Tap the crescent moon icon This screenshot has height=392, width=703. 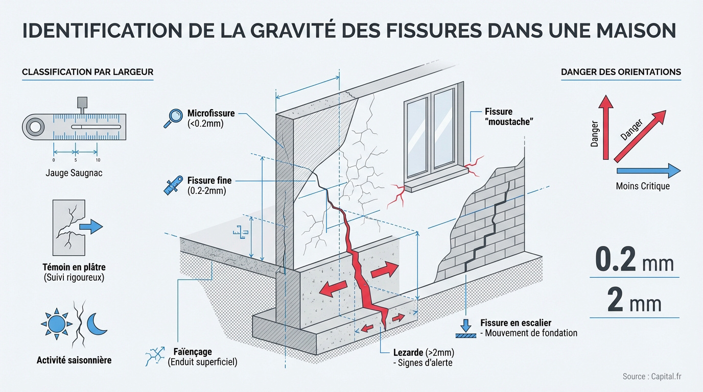click(96, 324)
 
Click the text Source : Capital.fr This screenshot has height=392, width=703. click(652, 377)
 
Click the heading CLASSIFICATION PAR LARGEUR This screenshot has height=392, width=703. click(87, 72)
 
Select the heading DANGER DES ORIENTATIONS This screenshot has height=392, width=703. click(621, 72)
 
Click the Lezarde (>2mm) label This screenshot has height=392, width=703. click(417, 352)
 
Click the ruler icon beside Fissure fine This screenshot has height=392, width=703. click(173, 185)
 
